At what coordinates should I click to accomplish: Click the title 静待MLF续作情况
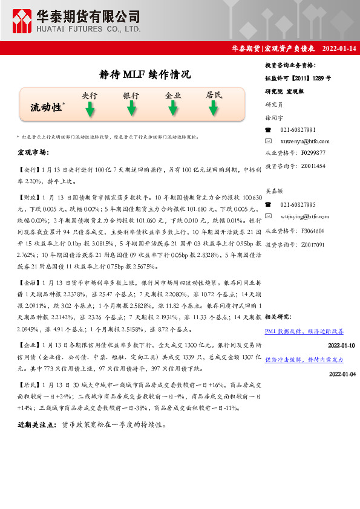pos(144,75)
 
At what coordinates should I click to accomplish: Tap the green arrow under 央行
pos(90,109)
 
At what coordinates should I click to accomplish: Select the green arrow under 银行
pos(131,109)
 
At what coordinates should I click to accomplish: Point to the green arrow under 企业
pos(173,109)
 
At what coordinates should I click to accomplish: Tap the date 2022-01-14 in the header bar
pos(338,48)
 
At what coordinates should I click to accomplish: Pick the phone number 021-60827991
pos(298,130)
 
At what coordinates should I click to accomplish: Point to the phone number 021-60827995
pos(298,205)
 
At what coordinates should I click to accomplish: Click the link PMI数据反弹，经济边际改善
pos(304,331)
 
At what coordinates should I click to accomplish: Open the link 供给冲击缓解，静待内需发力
pos(304,359)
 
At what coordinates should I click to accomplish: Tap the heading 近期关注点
pos(38,425)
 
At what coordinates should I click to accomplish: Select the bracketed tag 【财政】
pos(28,198)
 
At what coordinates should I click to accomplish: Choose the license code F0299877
pos(313,153)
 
